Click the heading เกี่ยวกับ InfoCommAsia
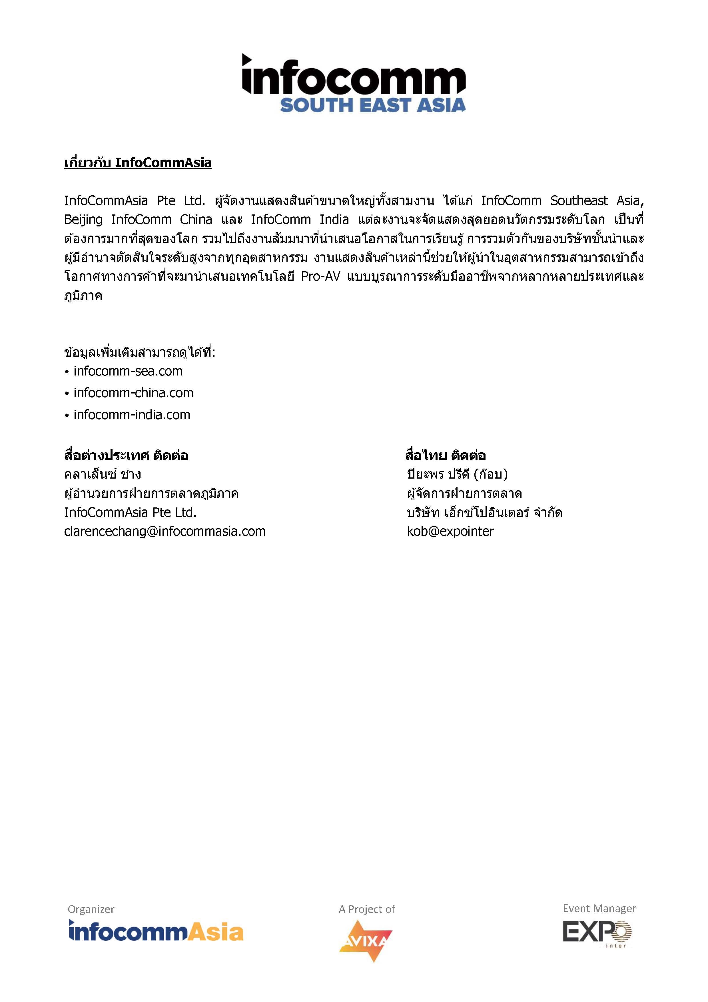click(x=138, y=163)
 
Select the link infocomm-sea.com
click(x=128, y=372)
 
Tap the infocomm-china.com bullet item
click(x=133, y=393)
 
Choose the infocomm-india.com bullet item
click(x=132, y=415)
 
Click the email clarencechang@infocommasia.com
click(x=165, y=531)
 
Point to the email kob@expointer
click(x=450, y=531)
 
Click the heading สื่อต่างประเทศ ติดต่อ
click(x=126, y=456)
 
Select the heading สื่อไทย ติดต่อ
click(x=445, y=456)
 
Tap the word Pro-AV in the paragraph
click(x=320, y=277)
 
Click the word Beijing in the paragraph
click(x=83, y=220)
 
